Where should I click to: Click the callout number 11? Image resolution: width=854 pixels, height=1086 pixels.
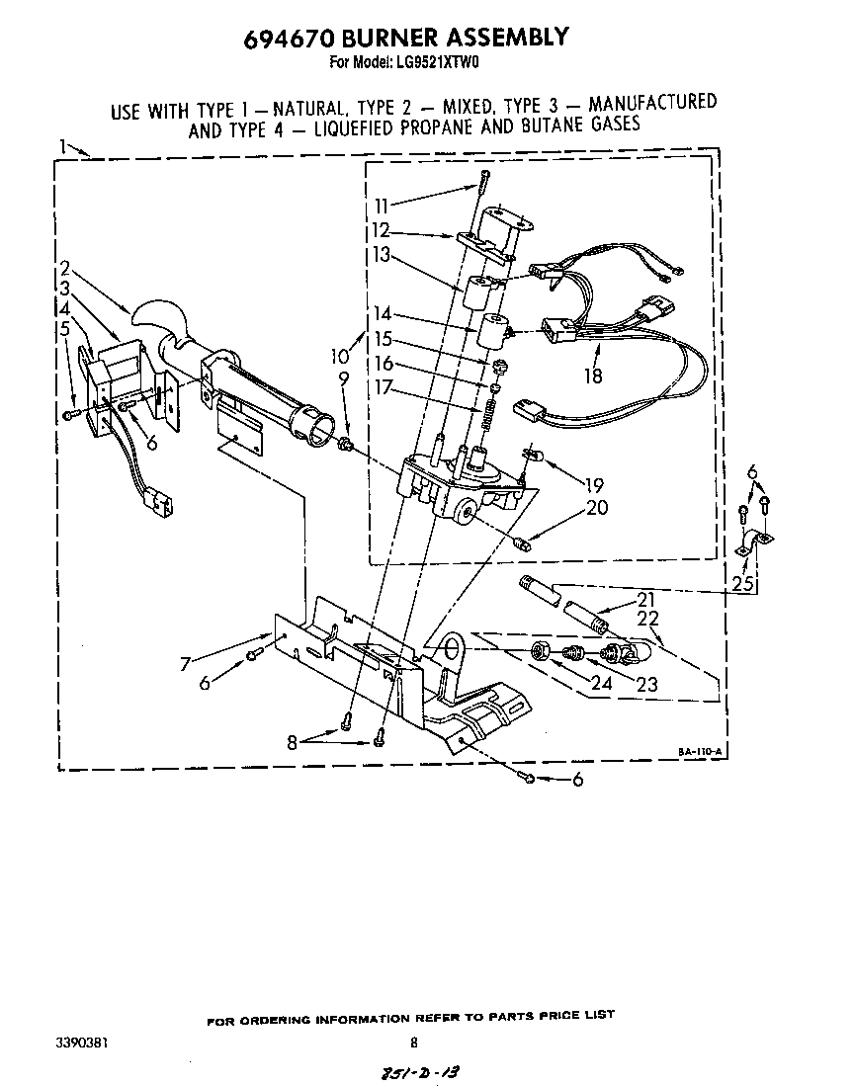[383, 206]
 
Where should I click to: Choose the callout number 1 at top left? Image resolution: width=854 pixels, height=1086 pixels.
[62, 147]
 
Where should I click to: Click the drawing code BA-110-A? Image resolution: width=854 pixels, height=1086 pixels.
[701, 752]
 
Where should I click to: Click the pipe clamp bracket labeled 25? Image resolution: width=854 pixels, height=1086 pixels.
[756, 542]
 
